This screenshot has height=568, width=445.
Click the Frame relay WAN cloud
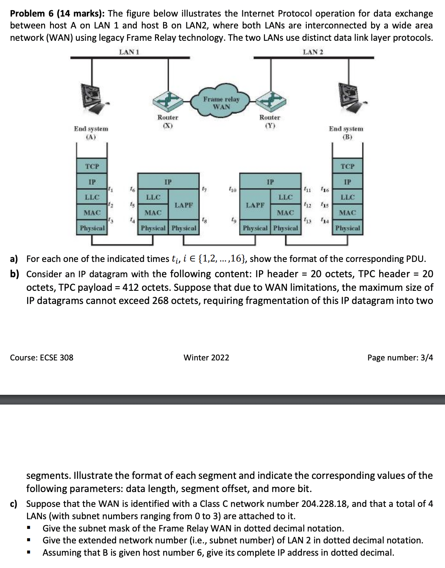221,102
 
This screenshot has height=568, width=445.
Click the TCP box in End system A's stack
92,166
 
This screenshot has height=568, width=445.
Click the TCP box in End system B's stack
347,166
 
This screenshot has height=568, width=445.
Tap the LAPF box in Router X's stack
184,205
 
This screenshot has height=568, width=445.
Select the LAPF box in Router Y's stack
255,205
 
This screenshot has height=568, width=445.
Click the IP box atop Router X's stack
168,182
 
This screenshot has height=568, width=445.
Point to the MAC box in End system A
92,213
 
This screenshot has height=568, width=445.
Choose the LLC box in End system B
347,197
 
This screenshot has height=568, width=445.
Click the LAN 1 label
129,52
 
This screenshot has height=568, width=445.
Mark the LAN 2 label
313,52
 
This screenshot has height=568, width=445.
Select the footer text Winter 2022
206,357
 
